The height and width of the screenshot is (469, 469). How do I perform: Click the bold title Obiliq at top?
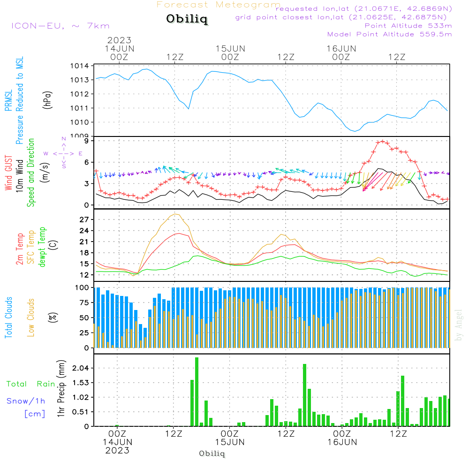186,19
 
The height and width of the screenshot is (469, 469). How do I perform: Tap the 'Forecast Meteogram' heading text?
219,5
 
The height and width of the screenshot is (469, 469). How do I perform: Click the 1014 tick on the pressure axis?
80,66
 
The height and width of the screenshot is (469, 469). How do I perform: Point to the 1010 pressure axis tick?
80,122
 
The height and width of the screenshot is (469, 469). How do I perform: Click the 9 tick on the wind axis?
87,141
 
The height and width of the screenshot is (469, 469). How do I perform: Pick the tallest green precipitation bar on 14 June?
197,392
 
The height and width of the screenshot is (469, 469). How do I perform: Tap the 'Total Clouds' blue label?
8,318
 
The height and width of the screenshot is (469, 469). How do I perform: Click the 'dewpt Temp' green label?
42,247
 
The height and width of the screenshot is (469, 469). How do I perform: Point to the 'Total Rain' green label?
30,384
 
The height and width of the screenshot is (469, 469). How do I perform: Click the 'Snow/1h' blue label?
26,401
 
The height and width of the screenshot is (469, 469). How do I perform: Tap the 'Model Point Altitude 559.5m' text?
389,34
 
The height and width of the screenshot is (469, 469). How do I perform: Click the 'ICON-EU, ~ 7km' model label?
60,26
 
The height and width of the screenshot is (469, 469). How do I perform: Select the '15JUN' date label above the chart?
230,48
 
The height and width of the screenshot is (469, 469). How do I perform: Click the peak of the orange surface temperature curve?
176,214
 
